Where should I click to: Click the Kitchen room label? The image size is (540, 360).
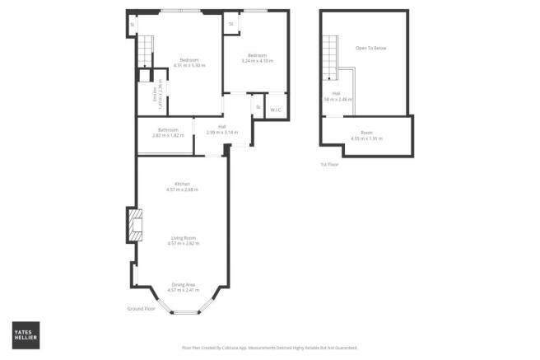tap(183, 183)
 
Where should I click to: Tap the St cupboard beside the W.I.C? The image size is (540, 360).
tap(258, 107)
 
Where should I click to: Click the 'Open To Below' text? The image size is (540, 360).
tap(370, 49)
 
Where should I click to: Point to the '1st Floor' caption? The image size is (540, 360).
tap(329, 165)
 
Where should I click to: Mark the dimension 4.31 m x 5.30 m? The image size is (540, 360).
tap(190, 65)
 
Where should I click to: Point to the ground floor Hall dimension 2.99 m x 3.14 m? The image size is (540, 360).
tap(222, 132)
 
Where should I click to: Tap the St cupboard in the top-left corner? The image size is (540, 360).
tap(132, 24)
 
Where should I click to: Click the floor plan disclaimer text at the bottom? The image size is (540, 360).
tap(269, 348)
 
